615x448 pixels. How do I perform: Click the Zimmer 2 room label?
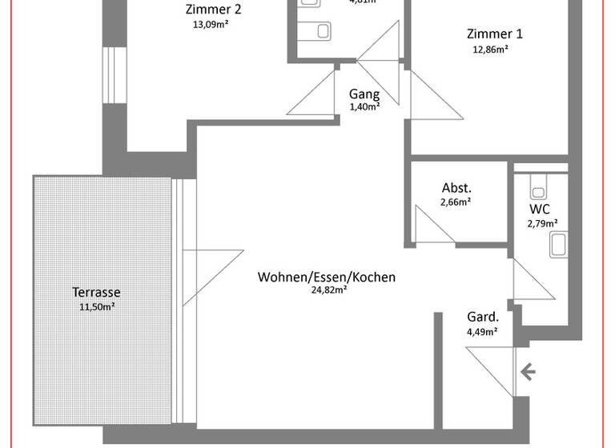pyautogui.click(x=213, y=10)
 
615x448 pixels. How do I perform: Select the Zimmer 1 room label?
pyautogui.click(x=494, y=34)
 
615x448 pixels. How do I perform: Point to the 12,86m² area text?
pyautogui.click(x=491, y=49)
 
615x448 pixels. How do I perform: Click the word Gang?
pyautogui.click(x=364, y=94)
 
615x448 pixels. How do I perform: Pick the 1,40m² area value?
pyautogui.click(x=364, y=107)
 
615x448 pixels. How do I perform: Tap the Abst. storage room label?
pyautogui.click(x=456, y=188)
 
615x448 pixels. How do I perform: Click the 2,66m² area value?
pyautogui.click(x=455, y=202)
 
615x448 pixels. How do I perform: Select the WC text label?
pyautogui.click(x=540, y=209)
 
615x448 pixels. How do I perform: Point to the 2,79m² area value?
pyautogui.click(x=542, y=223)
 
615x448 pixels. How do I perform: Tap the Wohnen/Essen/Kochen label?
pyautogui.click(x=326, y=277)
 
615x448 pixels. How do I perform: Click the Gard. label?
pyautogui.click(x=482, y=316)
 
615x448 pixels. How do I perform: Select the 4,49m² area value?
pyautogui.click(x=481, y=330)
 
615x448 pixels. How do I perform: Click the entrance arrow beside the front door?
pyautogui.click(x=528, y=371)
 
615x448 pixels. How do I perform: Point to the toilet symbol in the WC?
pyautogui.click(x=538, y=188)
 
